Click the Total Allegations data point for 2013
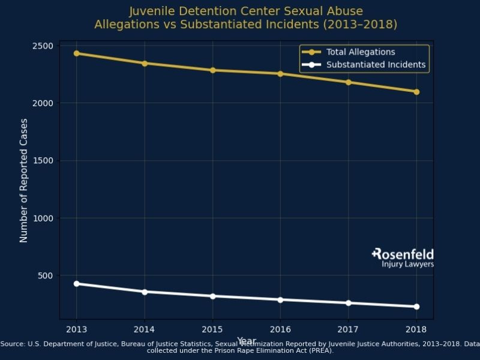(76, 53)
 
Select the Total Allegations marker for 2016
(280, 74)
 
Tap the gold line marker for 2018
(416, 92)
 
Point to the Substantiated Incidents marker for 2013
(76, 283)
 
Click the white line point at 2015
(212, 296)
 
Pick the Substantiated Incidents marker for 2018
(416, 307)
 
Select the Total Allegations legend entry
(360, 52)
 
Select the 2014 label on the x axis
(144, 329)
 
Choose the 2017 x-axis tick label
(349, 329)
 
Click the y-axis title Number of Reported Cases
(24, 180)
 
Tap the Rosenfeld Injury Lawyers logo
(403, 258)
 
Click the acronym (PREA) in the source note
(320, 350)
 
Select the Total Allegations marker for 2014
(144, 63)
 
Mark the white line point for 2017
(349, 303)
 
